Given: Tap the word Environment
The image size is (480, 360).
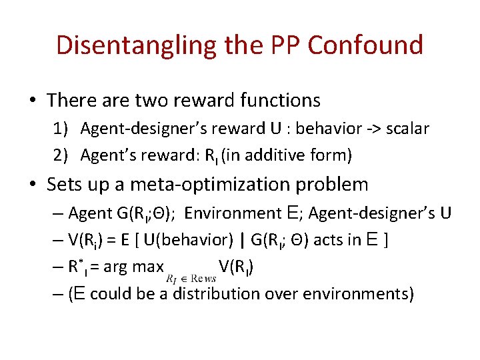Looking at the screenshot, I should (233, 213).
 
